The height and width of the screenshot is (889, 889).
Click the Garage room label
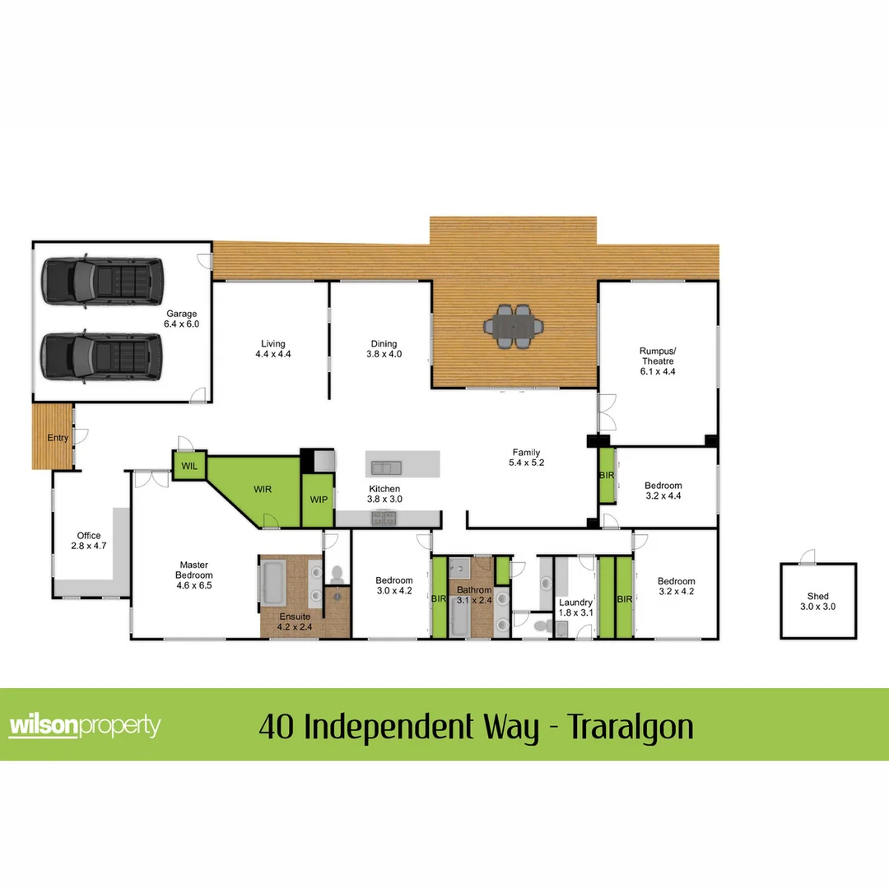183,314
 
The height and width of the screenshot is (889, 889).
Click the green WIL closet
189,467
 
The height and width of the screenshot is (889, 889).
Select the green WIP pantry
318,500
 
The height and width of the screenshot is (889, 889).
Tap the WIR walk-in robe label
263,488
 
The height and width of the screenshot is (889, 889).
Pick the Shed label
817,596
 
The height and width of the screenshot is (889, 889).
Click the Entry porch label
58,438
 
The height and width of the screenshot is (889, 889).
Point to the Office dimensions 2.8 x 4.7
88,546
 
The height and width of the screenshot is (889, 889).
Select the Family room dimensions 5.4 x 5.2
527,463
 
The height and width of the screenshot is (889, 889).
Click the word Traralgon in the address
632,727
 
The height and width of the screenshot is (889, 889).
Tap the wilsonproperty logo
85,726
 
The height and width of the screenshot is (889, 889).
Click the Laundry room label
575,603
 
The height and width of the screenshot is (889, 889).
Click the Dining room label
384,344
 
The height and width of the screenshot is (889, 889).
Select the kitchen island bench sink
385,468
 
